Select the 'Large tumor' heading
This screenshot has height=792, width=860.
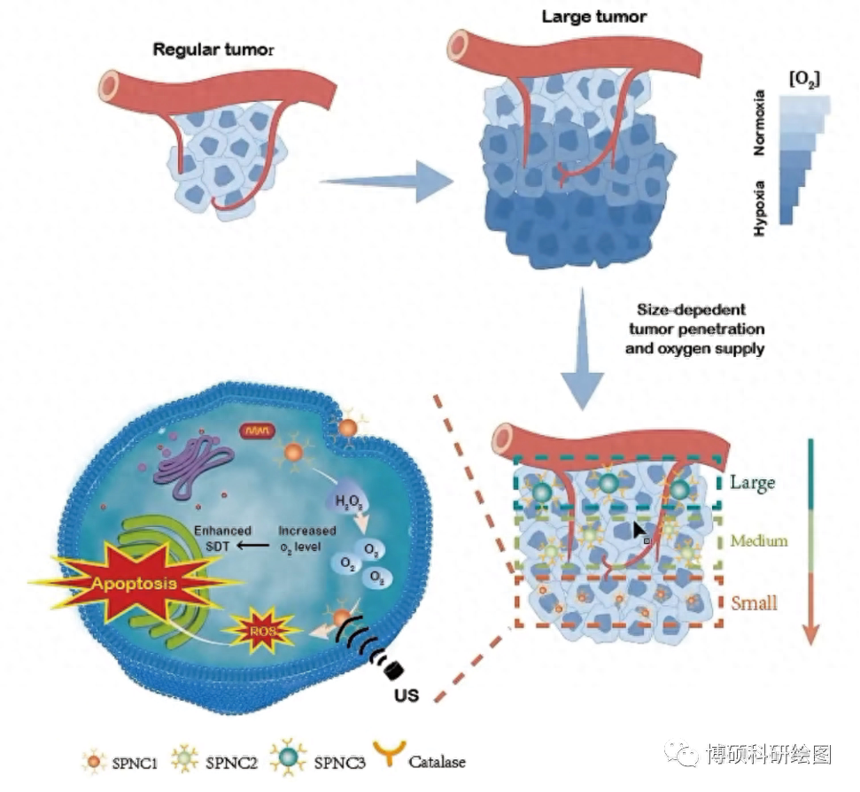[594, 17]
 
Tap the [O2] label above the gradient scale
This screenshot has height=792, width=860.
[804, 80]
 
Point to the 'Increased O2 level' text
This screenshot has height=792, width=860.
[306, 538]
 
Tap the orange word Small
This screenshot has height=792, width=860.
[754, 603]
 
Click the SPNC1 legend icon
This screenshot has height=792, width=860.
[93, 759]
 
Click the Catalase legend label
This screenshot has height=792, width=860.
[437, 761]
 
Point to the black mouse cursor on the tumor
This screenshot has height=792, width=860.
[639, 531]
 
